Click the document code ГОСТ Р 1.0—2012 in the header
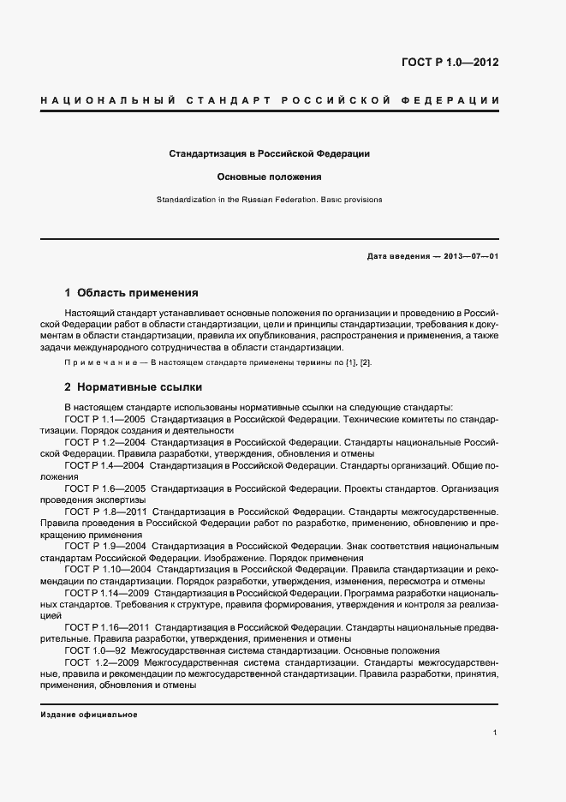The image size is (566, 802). [x=450, y=63]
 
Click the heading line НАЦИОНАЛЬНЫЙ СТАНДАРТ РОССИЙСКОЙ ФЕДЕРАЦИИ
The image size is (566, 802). [x=270, y=101]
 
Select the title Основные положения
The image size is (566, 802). [x=269, y=177]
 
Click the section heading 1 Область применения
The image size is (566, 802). [x=131, y=292]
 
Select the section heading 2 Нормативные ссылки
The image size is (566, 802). [x=133, y=386]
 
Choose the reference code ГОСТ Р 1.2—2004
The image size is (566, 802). [x=104, y=442]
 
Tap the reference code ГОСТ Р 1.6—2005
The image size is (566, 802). [x=104, y=488]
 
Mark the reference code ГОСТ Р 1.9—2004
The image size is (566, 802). [x=104, y=546]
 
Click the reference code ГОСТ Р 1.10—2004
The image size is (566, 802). [x=107, y=569]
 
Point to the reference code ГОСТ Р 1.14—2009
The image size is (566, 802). [x=107, y=592]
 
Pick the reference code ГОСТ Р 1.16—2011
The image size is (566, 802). [x=107, y=627]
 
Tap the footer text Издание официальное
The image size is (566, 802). [x=88, y=715]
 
